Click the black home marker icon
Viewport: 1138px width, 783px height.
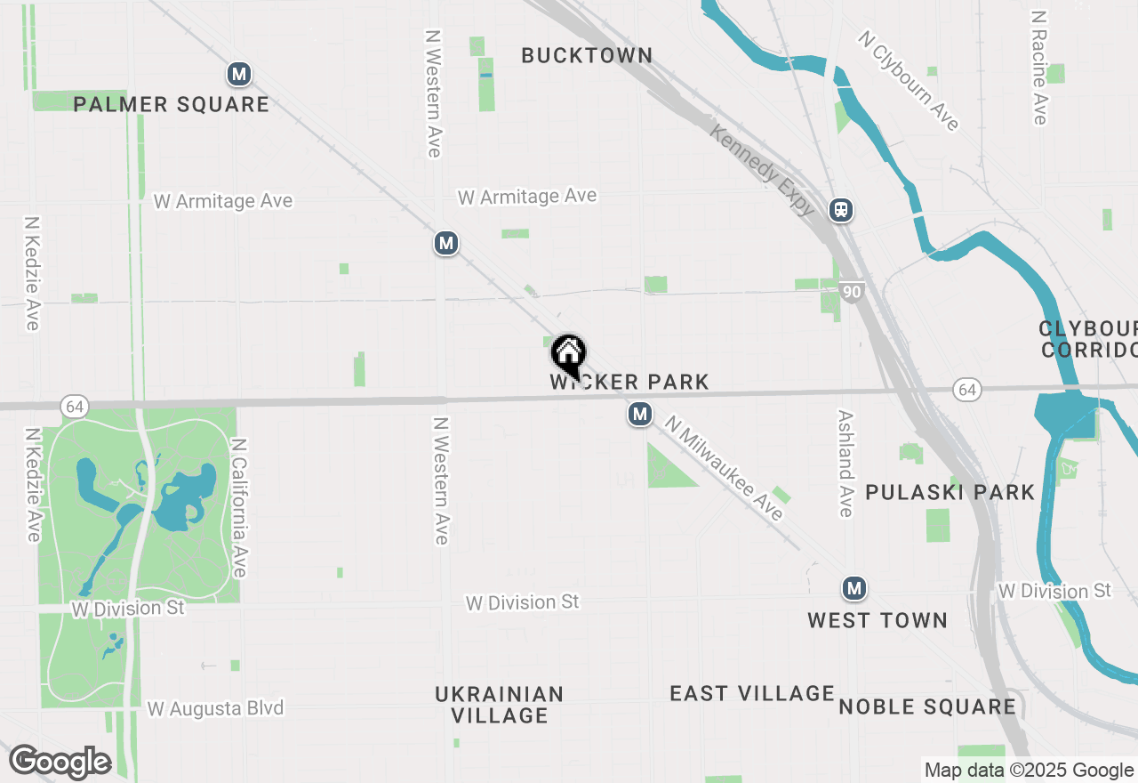569,355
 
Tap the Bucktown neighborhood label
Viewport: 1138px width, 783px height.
587,55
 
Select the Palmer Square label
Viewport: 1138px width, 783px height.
171,104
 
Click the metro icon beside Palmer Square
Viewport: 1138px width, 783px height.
238,74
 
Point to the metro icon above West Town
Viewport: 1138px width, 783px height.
853,588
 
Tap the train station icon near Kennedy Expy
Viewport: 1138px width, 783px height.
841,210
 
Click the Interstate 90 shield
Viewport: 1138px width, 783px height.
852,291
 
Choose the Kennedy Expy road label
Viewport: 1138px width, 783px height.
762,169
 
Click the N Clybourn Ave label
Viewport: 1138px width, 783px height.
909,81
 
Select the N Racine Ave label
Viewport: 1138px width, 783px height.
1038,68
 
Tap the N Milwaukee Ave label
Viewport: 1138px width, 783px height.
724,469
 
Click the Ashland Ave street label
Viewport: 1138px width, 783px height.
845,463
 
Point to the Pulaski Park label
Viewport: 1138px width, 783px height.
950,492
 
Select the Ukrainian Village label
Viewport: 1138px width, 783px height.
499,704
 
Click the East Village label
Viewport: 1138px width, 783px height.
752,693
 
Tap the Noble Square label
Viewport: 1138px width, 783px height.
926,706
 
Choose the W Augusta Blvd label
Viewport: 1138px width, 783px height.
215,708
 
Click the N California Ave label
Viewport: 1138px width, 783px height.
238,506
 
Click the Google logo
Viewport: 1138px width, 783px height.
60,763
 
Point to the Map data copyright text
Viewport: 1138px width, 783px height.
1029,771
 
